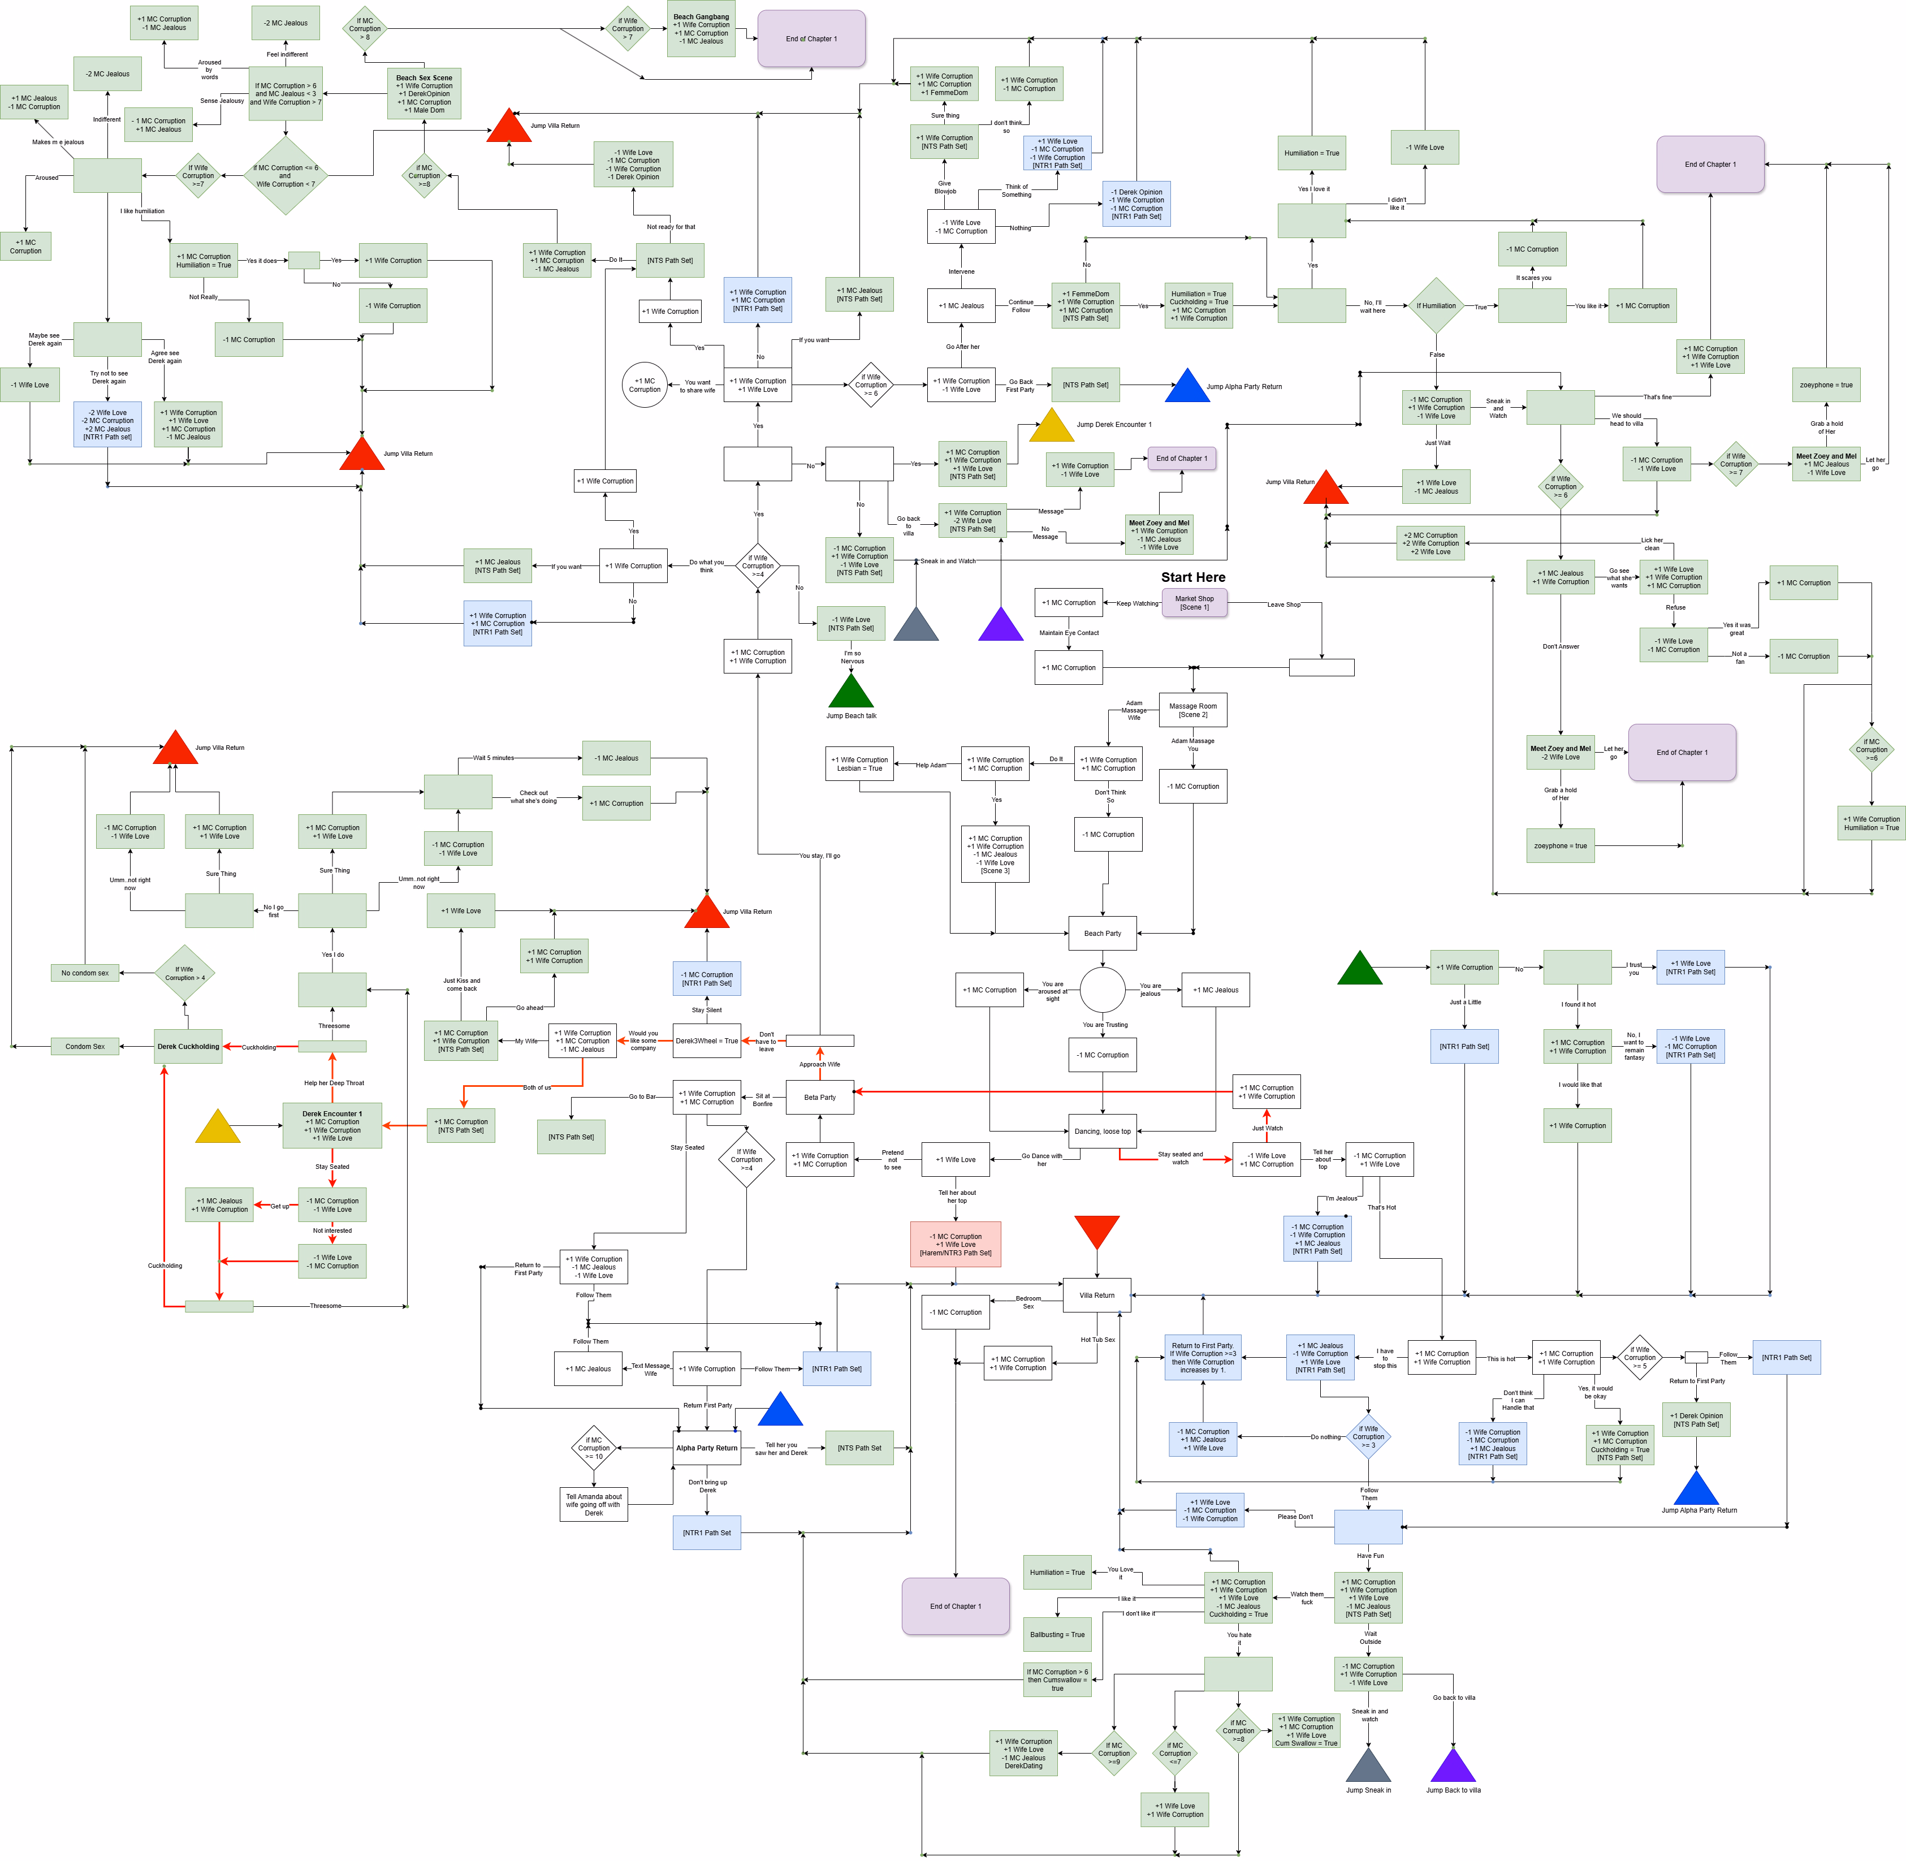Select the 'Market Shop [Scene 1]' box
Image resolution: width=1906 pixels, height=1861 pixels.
(x=1194, y=603)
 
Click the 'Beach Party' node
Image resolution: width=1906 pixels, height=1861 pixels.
(x=1103, y=934)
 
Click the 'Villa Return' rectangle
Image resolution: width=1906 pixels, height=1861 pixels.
(x=1097, y=1295)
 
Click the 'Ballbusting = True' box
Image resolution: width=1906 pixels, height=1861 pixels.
(x=1057, y=1634)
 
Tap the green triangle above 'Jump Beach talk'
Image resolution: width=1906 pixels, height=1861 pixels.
(x=850, y=691)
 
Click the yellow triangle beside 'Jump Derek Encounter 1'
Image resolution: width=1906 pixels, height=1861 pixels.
(x=1052, y=426)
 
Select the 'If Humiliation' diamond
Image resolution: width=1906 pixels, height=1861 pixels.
(x=1436, y=306)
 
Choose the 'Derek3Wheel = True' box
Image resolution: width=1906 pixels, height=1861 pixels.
(x=707, y=1041)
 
